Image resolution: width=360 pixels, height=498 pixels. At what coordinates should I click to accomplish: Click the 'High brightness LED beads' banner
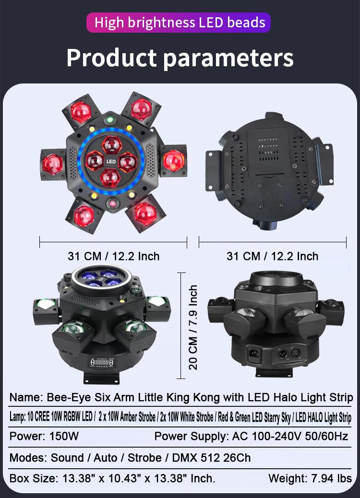click(x=180, y=23)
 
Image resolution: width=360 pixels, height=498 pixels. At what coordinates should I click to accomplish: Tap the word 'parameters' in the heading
click(x=228, y=59)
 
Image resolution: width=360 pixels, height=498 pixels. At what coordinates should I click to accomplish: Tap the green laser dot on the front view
click(x=109, y=119)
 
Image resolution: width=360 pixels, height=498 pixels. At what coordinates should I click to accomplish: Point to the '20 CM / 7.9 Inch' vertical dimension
click(x=193, y=327)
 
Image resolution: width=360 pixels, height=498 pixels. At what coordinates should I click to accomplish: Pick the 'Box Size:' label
click(x=32, y=478)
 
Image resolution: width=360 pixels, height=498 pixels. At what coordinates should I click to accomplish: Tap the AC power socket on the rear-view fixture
click(x=252, y=355)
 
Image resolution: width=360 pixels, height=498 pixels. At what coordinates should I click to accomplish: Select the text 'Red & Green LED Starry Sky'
click(x=255, y=417)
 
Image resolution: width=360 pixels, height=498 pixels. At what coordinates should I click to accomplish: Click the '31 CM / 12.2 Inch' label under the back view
click(x=272, y=256)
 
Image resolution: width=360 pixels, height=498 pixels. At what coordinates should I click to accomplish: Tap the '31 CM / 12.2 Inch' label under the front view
click(x=113, y=256)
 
